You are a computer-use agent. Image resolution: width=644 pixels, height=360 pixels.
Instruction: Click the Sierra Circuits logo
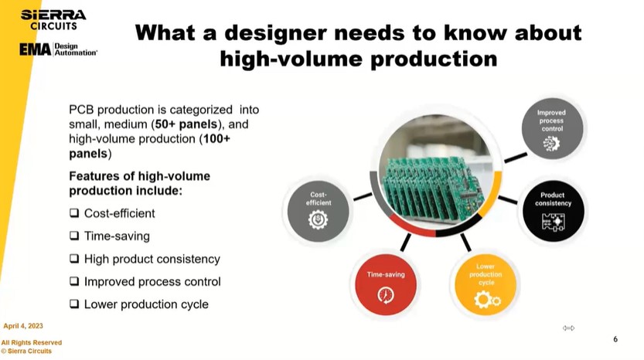click(53, 19)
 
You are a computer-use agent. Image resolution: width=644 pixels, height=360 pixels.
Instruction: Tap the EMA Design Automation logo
click(58, 49)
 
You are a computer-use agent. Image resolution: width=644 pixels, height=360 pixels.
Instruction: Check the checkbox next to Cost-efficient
click(74, 213)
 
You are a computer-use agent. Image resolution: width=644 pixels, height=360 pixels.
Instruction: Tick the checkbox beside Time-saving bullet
click(74, 236)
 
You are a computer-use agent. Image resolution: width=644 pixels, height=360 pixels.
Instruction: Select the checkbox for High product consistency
click(74, 259)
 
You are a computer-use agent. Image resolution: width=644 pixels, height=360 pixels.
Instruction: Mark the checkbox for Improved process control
click(74, 281)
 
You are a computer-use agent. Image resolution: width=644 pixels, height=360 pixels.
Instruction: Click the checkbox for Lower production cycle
click(74, 304)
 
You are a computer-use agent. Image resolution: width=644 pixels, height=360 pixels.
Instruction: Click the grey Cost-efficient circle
click(319, 210)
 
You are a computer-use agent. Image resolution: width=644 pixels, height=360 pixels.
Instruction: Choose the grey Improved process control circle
click(552, 128)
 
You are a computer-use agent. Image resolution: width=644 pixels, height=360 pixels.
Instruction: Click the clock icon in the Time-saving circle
click(385, 295)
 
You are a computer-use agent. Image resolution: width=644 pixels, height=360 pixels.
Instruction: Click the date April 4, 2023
click(23, 326)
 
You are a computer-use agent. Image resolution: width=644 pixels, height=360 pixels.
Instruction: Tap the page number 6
click(615, 339)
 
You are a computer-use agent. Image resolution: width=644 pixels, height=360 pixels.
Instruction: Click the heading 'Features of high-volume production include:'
click(139, 183)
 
